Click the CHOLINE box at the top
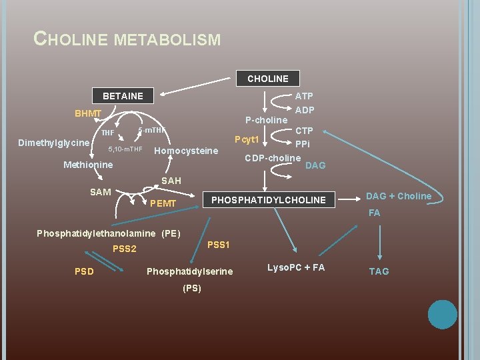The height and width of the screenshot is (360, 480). pos(268,79)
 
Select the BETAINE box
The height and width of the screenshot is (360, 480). pos(123,96)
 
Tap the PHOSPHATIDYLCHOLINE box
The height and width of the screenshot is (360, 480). pos(269,200)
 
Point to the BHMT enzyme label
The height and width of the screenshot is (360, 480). pos(88,114)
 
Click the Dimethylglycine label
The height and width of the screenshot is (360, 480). pos(54,143)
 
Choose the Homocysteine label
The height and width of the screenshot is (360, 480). pos(186,151)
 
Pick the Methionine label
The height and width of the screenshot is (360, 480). pos(88,165)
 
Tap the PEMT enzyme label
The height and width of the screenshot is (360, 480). pos(164,203)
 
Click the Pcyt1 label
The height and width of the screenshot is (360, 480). pos(246,140)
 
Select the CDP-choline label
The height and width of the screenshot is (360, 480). pos(273,158)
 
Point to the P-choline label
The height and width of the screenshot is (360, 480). pos(266,121)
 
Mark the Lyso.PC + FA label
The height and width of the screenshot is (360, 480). pos(296,267)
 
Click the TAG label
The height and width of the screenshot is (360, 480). pos(379,271)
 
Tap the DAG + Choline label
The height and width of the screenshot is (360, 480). pos(399,196)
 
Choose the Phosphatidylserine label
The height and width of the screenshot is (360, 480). pos(190,271)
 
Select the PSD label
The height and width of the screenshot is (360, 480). pos(84,271)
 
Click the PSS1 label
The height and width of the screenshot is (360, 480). pos(219,245)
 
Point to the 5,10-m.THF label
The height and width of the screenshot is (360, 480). pos(125,148)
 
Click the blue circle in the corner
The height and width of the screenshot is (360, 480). pos(442,314)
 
